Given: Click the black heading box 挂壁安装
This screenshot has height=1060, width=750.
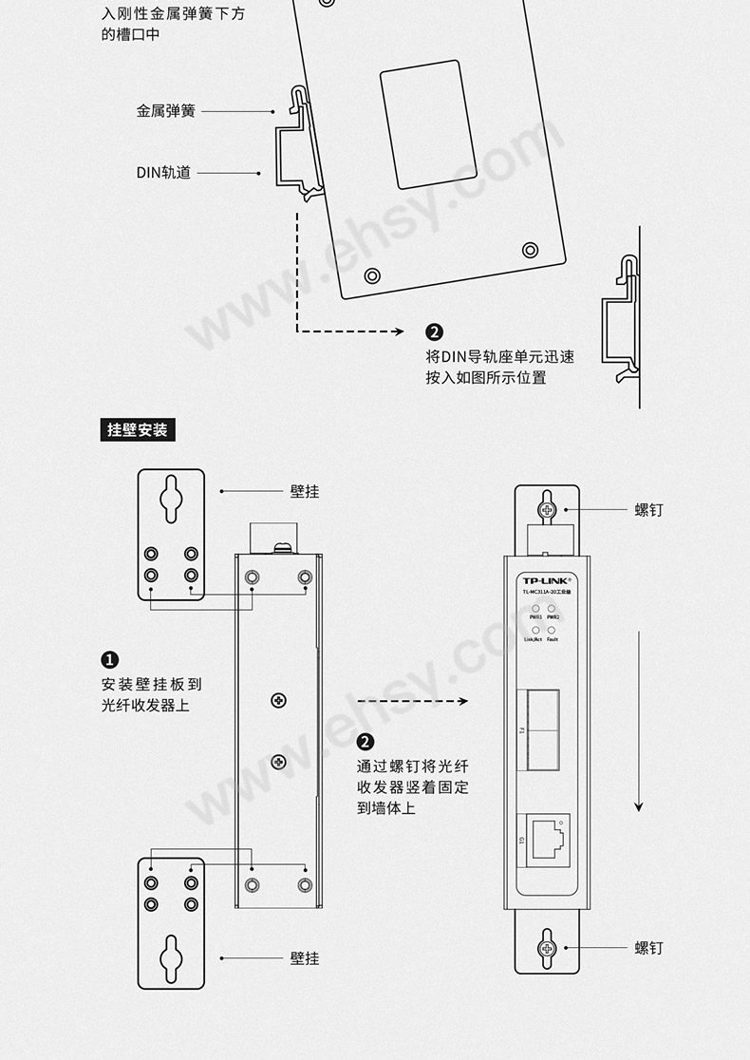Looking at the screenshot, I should pyautogui.click(x=138, y=430).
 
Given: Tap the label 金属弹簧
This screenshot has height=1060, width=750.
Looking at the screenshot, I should pyautogui.click(x=165, y=111).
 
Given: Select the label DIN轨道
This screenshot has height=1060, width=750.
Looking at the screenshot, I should pyautogui.click(x=163, y=173).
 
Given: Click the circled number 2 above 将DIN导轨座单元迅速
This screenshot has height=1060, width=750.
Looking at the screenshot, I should pyautogui.click(x=434, y=332).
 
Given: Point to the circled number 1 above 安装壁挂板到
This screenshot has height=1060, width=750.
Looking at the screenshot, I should pyautogui.click(x=110, y=660).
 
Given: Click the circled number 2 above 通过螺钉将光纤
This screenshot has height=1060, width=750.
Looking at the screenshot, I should pyautogui.click(x=366, y=743).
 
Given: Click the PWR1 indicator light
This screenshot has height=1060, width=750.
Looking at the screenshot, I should pyautogui.click(x=536, y=609).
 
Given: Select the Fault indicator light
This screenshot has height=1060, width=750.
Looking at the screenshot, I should pyautogui.click(x=552, y=630).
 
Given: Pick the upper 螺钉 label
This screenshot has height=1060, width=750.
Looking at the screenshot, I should pyautogui.click(x=648, y=510).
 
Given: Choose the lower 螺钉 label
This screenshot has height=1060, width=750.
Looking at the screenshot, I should pyautogui.click(x=648, y=948).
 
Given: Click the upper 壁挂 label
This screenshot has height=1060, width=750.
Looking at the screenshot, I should pyautogui.click(x=305, y=491).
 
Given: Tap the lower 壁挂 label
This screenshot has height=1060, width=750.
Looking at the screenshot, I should pyautogui.click(x=305, y=958).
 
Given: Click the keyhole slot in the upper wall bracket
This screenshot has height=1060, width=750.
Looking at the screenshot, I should pyautogui.click(x=171, y=493).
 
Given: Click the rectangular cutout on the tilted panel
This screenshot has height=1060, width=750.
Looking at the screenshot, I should pyautogui.click(x=428, y=124).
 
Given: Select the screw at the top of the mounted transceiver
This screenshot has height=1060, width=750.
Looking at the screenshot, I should pyautogui.click(x=547, y=509).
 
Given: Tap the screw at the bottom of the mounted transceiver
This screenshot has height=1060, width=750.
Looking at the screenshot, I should pyautogui.click(x=547, y=947).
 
